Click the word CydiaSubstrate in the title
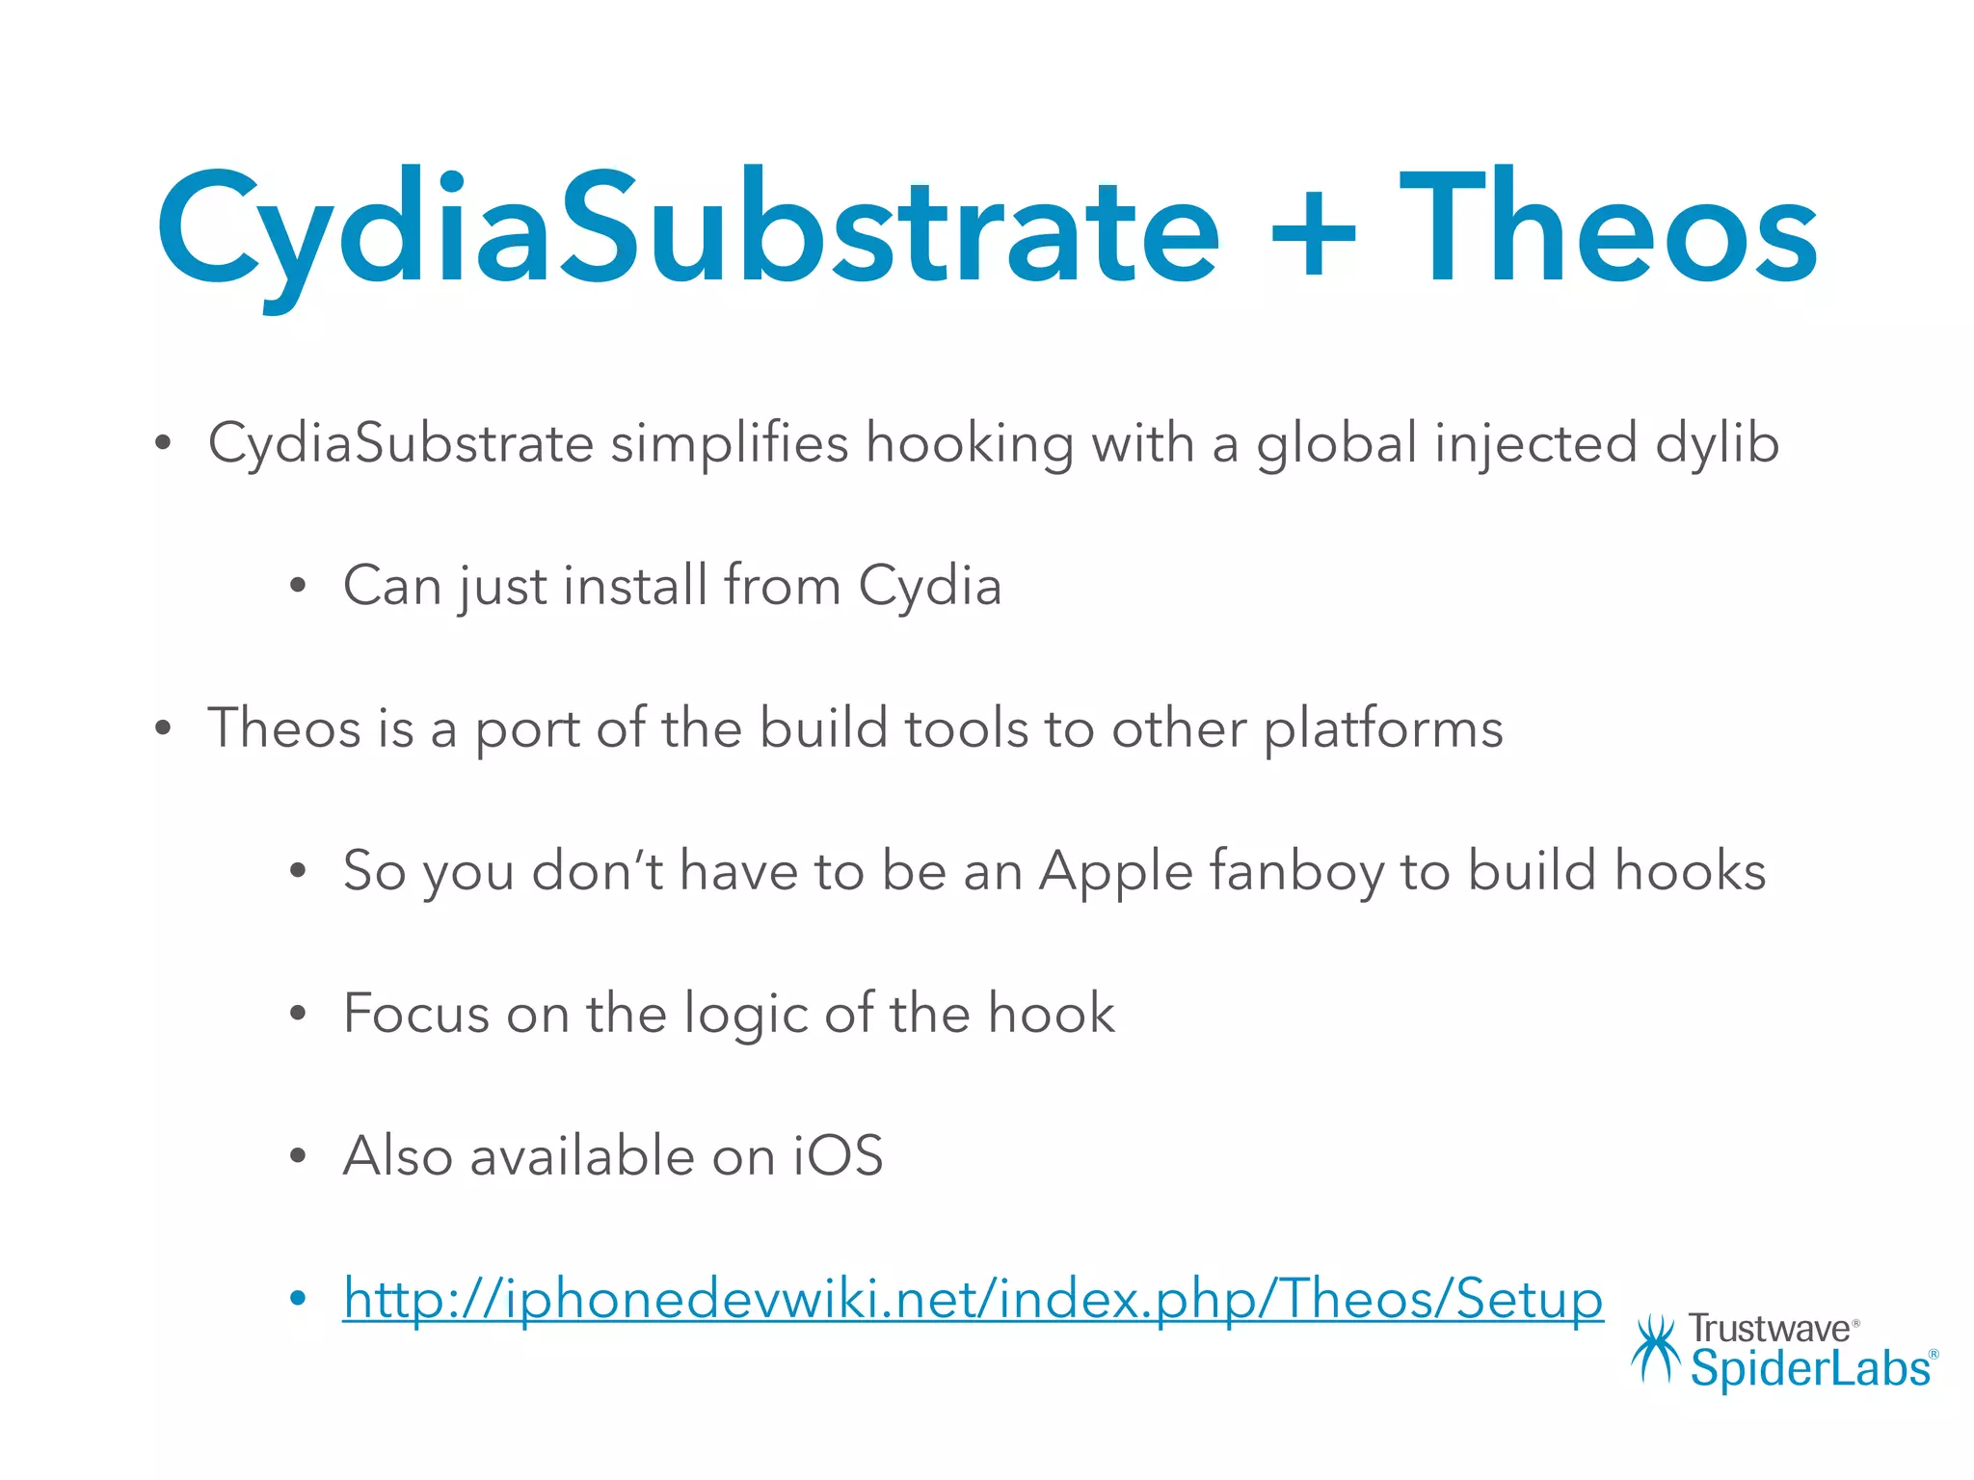click(688, 231)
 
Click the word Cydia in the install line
click(929, 586)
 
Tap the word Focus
click(416, 1014)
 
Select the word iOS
click(838, 1156)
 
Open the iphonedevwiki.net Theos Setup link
click(973, 1299)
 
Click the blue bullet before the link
click(298, 1299)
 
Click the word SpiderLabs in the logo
click(1810, 1368)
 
